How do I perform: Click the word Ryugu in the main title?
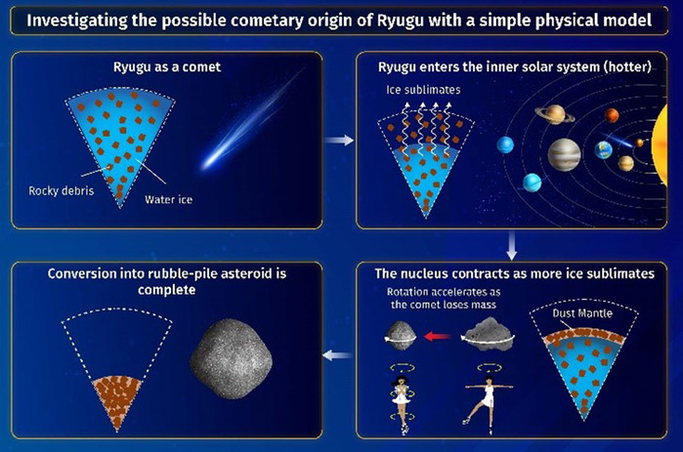coord(400,21)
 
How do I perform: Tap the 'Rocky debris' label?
coord(62,190)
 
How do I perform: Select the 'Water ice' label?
coord(169,199)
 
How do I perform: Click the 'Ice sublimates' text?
coord(423,90)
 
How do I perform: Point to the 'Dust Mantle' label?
coord(582,313)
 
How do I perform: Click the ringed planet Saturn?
coord(555,114)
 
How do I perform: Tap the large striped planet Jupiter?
coord(564,154)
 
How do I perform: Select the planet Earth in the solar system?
coord(603,150)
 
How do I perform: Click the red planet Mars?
coord(612,116)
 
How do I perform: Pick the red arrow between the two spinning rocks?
coord(438,336)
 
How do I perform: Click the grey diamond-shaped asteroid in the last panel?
coord(232,359)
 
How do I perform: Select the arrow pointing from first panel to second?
coord(339,140)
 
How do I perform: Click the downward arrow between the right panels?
coord(512,245)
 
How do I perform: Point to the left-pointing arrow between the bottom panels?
coord(337,355)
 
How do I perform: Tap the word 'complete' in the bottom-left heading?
coord(166,290)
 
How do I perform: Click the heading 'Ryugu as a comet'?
coord(167,67)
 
